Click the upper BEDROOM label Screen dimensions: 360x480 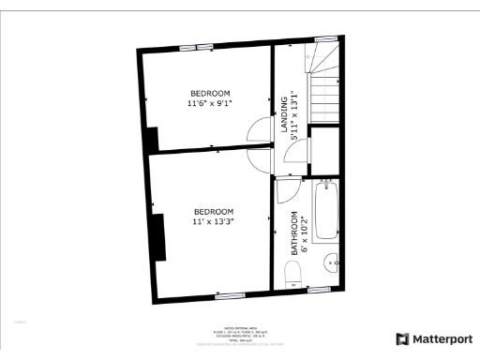[210, 93]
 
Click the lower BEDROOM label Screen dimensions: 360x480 [214, 211]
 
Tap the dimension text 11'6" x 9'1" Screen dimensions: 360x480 [210, 104]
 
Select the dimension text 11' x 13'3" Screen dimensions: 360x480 [214, 222]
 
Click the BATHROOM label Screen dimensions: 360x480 [293, 234]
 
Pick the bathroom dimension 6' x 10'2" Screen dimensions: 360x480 [305, 234]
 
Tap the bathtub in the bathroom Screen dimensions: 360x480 [326, 210]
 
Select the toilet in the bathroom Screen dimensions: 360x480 [292, 275]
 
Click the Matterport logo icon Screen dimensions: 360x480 [402, 338]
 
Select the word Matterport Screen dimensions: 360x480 [442, 338]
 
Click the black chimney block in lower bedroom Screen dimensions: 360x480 [159, 237]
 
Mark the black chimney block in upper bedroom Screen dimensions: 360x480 [151, 138]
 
